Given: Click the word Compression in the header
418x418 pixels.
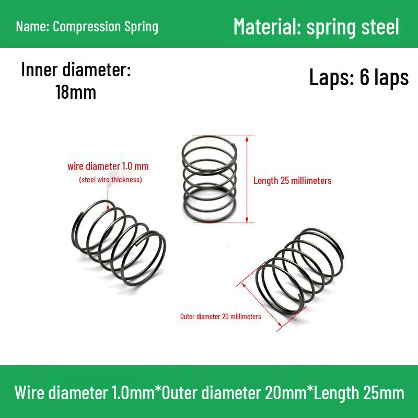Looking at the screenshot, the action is point(87,27).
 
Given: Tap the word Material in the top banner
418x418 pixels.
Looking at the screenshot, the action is point(267,27).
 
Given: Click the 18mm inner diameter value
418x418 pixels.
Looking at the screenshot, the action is point(76,92).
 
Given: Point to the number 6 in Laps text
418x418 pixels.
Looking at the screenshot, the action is point(364,77).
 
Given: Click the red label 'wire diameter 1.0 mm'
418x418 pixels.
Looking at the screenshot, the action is point(108,166).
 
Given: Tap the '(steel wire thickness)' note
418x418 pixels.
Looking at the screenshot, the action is point(110,180).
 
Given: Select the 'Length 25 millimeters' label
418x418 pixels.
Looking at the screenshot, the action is point(293,180).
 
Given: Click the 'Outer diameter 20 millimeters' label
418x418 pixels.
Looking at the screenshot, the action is point(220,317).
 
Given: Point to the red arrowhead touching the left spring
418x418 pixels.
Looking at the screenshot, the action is point(108,207).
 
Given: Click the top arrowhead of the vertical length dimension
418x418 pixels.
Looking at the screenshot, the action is point(247,138).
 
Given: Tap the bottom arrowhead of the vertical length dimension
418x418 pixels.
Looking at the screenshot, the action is point(247,219).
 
